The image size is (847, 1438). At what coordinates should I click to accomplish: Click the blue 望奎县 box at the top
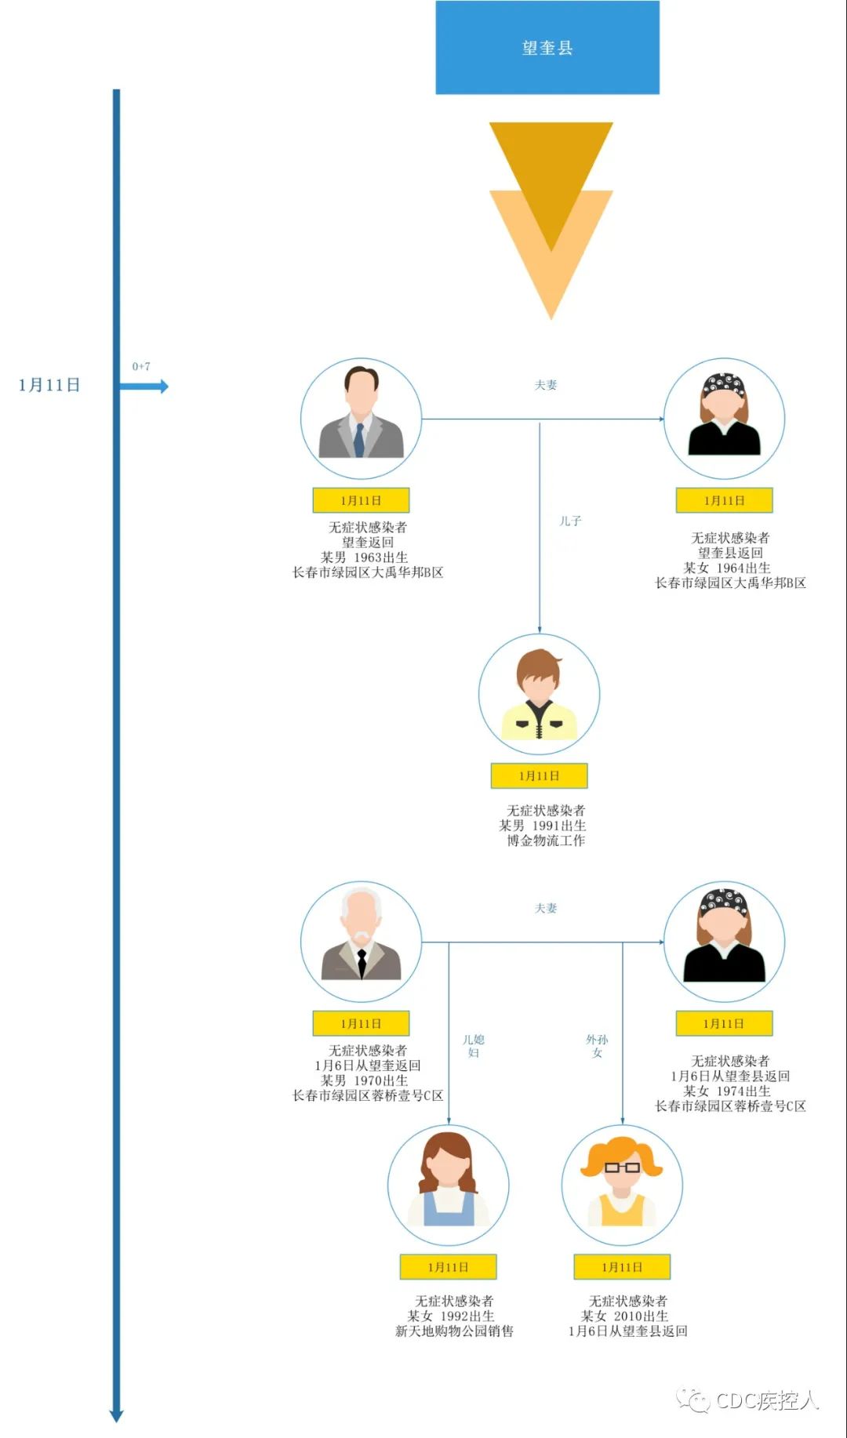coord(547,47)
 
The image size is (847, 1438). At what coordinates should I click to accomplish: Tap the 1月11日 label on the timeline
coord(49,385)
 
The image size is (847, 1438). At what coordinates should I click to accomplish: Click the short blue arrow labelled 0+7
coord(144,386)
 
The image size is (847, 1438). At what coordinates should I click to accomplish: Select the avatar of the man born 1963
coord(362,419)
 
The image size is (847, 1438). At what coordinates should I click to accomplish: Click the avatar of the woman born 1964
coord(724,419)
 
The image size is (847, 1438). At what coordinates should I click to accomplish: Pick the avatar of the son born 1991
coord(540,694)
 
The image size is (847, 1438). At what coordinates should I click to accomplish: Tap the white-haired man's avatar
coord(362,942)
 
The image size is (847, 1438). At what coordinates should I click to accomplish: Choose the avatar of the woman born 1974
coord(724,942)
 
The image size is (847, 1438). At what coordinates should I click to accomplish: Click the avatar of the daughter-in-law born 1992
coord(449,1185)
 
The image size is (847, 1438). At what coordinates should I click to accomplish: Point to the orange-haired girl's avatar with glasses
coord(623,1185)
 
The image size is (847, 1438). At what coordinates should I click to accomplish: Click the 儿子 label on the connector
coord(570,521)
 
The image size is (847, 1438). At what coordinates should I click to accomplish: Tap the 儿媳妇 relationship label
coord(474,1046)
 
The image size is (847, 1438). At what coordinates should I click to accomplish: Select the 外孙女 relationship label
coord(597,1046)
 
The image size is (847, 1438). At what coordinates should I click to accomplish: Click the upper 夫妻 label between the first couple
coord(546,385)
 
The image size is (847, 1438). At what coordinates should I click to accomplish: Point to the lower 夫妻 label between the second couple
coord(546,908)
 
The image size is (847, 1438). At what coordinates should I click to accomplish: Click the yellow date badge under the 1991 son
coord(540,775)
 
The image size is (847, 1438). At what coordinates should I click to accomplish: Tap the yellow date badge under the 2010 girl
coord(623,1267)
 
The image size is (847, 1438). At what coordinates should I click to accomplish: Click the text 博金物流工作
coord(546,841)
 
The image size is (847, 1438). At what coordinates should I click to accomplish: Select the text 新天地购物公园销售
coord(455,1331)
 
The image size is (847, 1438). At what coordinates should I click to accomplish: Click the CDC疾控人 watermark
coord(749,1400)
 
